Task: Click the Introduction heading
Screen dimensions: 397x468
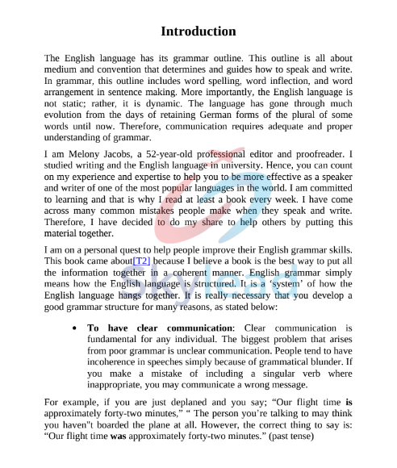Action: point(198,31)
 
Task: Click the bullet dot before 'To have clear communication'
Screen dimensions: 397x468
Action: point(74,328)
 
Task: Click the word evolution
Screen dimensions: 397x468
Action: point(69,115)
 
